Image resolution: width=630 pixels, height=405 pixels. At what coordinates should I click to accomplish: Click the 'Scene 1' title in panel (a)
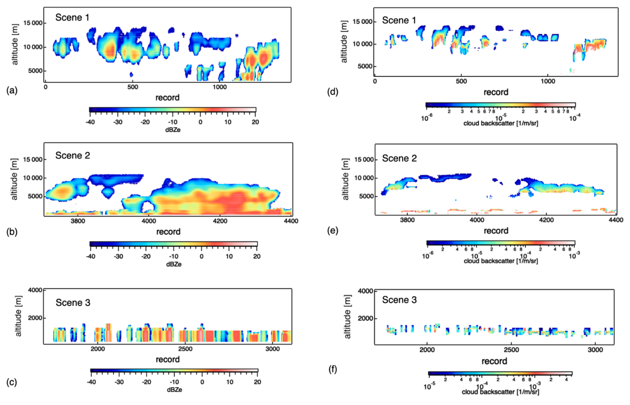coord(72,18)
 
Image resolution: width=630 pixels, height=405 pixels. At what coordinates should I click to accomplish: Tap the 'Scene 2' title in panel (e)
coord(399,159)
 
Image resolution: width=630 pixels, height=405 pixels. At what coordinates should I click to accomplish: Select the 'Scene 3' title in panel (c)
coord(73,303)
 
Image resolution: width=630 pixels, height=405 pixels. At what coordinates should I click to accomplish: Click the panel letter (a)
coord(12,90)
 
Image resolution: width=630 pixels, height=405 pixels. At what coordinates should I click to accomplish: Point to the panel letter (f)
coord(333,369)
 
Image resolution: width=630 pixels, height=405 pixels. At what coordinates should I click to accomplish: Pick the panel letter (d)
coord(333,92)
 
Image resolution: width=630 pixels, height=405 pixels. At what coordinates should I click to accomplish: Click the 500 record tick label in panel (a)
coord(133,87)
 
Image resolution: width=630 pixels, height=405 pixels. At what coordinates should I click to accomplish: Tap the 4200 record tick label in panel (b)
coord(220,221)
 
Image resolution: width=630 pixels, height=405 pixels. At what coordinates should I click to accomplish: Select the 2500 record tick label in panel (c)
coord(185,349)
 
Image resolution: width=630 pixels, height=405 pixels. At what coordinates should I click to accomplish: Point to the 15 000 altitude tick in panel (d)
coord(362,22)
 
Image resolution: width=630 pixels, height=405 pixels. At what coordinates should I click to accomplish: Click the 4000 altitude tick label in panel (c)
coord(35,290)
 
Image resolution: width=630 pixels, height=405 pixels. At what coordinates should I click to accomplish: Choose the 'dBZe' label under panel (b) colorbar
coord(174,264)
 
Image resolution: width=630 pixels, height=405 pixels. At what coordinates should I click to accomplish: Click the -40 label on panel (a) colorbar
coord(90,122)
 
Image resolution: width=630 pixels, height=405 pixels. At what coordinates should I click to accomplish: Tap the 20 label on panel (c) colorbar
coord(257,382)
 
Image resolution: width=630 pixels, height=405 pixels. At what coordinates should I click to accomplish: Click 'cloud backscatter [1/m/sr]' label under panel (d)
coord(500,124)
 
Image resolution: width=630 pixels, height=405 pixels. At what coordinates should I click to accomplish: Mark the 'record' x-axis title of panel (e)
coord(496,231)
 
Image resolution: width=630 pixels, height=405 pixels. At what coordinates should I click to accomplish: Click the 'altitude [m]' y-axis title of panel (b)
coord(14,179)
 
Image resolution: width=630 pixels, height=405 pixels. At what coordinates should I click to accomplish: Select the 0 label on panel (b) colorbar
coord(201,256)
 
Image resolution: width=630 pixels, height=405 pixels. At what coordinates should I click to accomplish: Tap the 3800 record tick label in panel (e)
coord(407,220)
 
